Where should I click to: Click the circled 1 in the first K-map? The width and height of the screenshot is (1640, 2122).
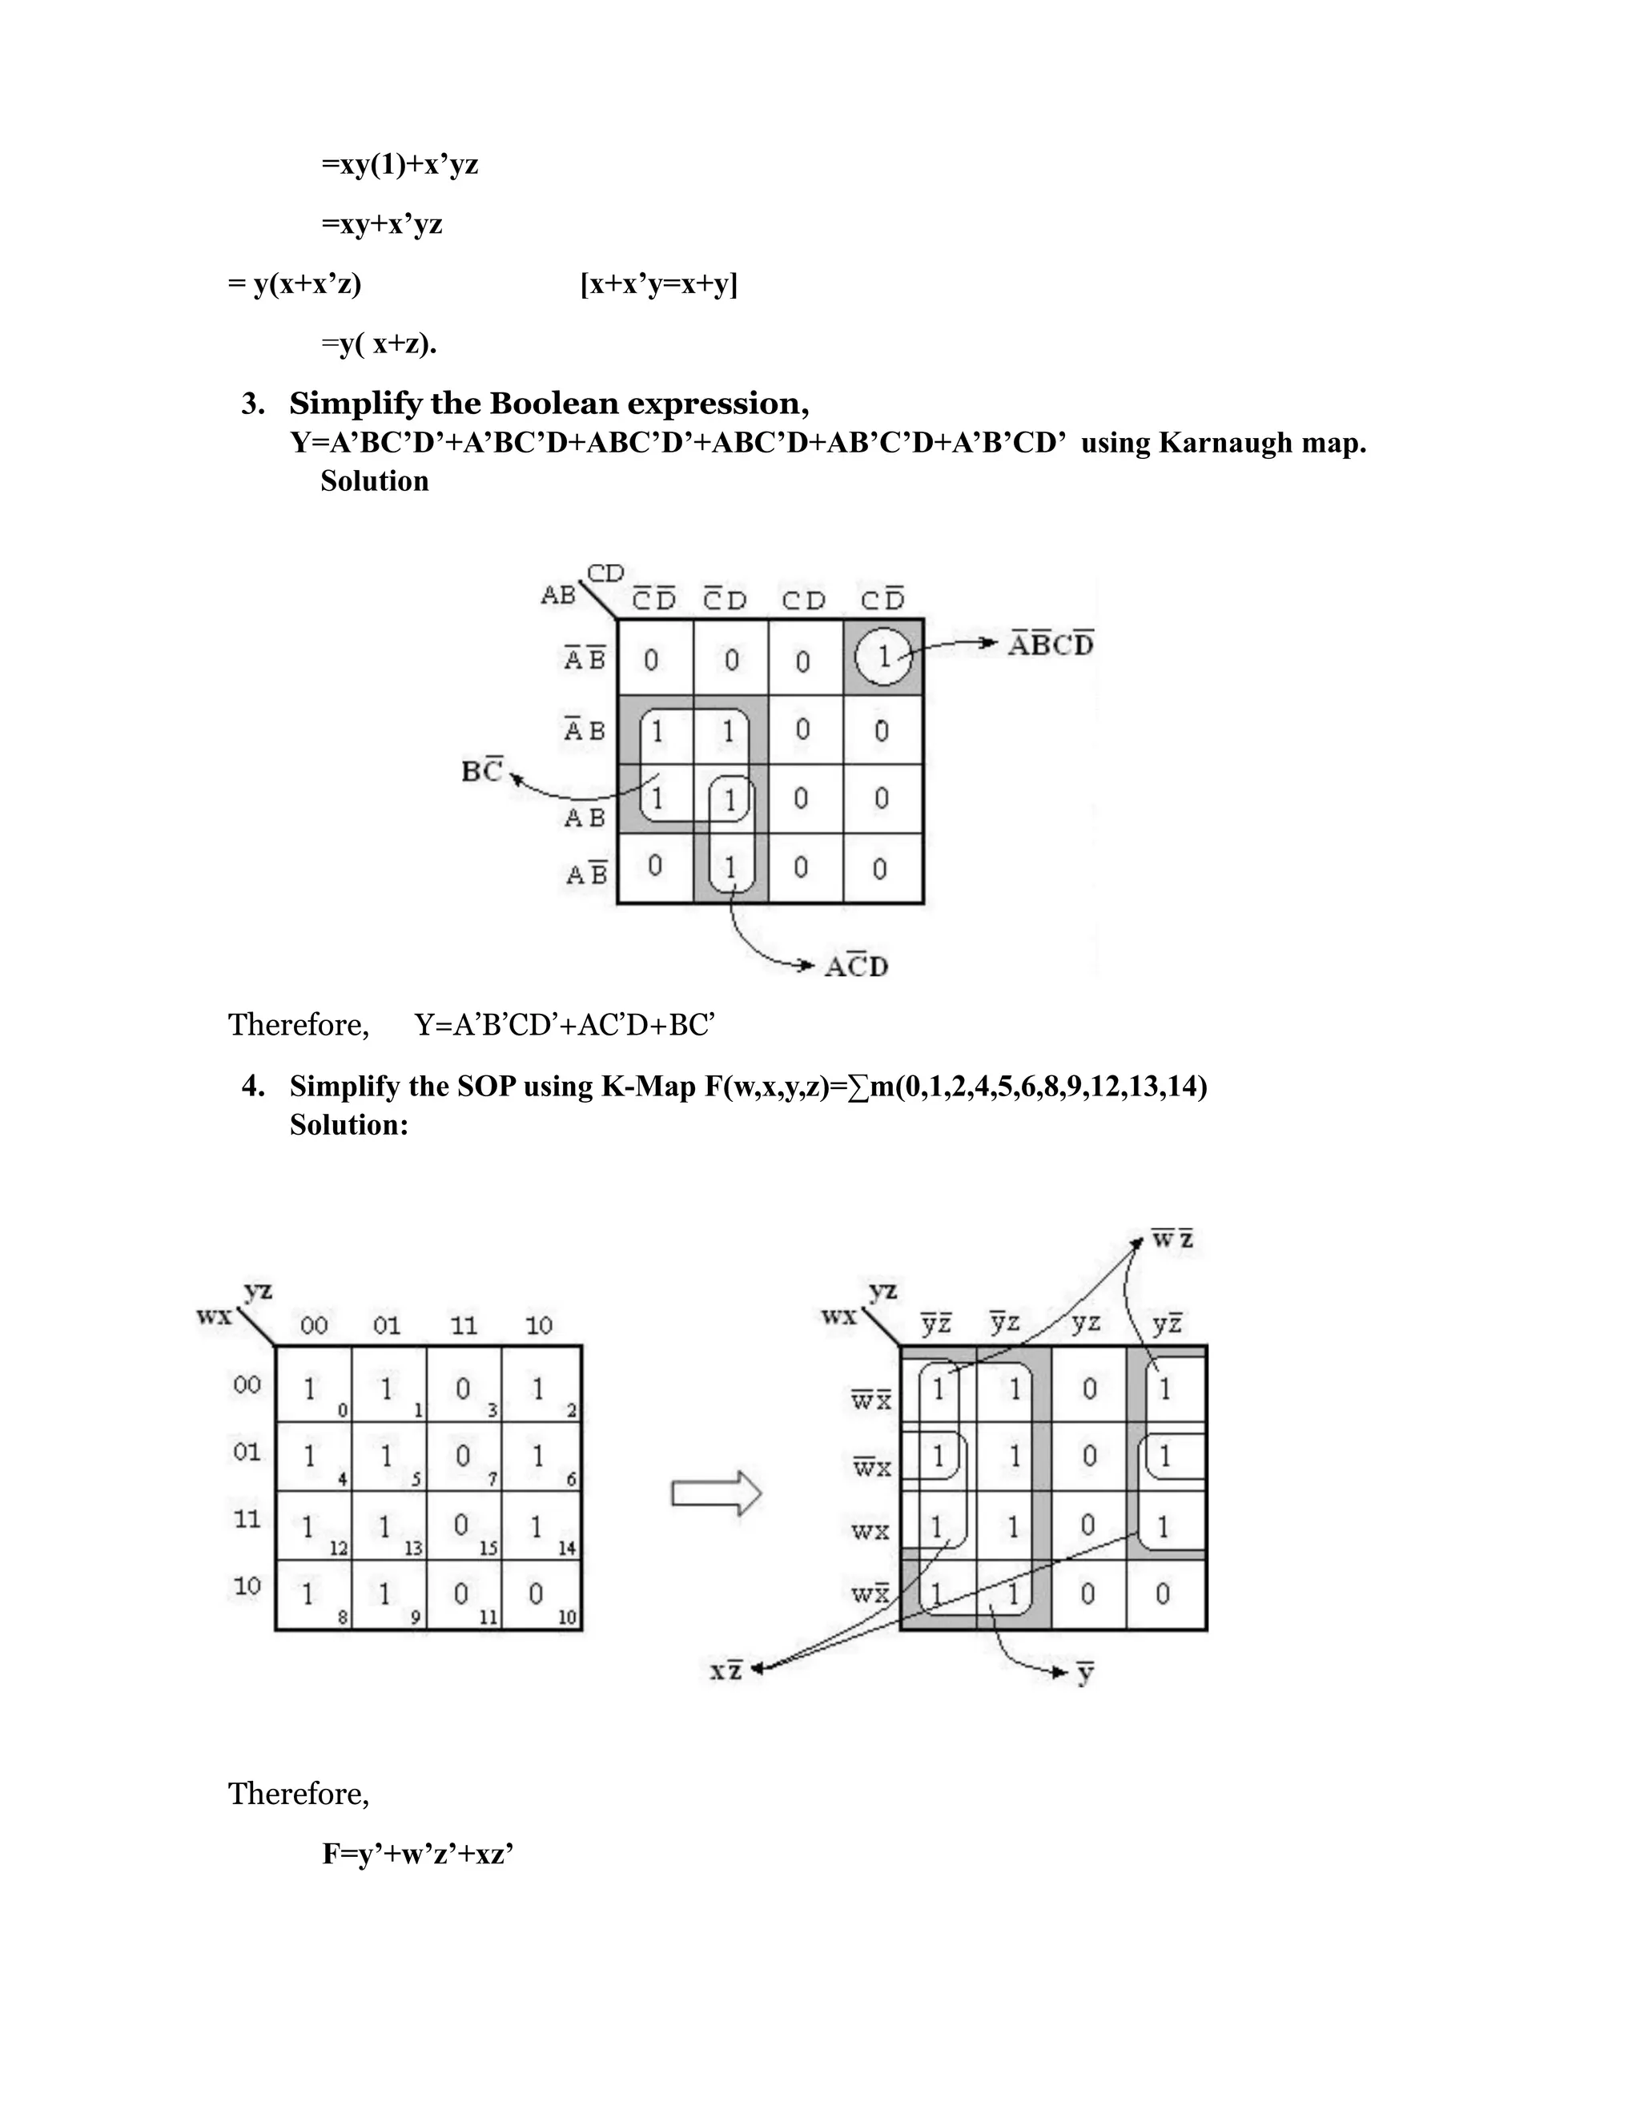coord(883,657)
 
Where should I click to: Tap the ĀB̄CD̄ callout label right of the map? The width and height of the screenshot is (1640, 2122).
coord(1051,644)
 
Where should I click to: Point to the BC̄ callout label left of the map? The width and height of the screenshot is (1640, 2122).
coord(482,770)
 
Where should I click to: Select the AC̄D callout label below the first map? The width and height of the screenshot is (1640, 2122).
coord(856,967)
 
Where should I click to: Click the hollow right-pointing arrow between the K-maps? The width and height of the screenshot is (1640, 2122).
coord(716,1493)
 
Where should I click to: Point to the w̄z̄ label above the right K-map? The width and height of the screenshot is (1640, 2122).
coord(1172,1240)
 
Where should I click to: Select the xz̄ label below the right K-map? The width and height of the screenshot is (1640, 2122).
coord(726,1670)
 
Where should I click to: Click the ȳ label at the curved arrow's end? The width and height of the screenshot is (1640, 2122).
coord(1085,1672)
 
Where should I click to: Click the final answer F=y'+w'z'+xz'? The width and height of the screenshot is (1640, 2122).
coord(418,1854)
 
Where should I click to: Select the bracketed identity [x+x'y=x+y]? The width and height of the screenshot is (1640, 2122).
coord(659,285)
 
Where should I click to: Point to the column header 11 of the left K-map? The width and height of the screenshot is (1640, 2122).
coord(464,1325)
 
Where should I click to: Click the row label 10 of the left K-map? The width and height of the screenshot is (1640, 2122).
coord(247,1585)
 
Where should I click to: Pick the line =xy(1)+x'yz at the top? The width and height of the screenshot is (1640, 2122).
coord(400,164)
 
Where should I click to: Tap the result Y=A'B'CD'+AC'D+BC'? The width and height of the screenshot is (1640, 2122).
coord(565,1025)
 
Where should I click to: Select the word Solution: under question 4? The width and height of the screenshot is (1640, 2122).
coord(349,1125)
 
